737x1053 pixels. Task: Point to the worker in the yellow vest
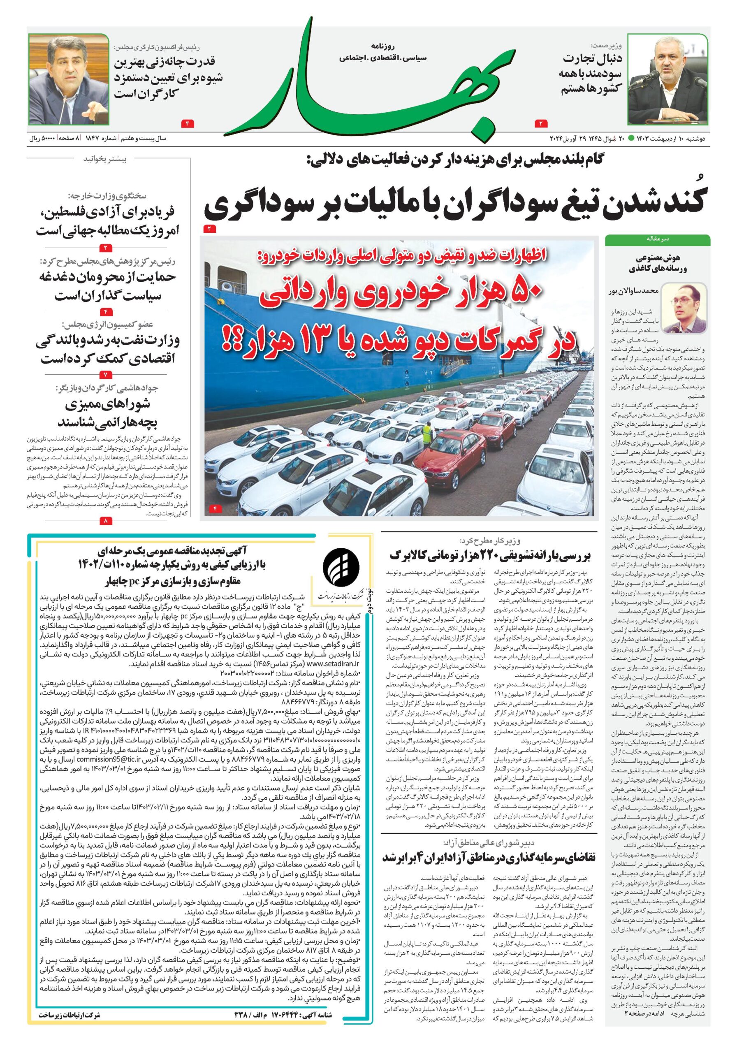point(427,434)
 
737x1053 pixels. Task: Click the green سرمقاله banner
point(657,239)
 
